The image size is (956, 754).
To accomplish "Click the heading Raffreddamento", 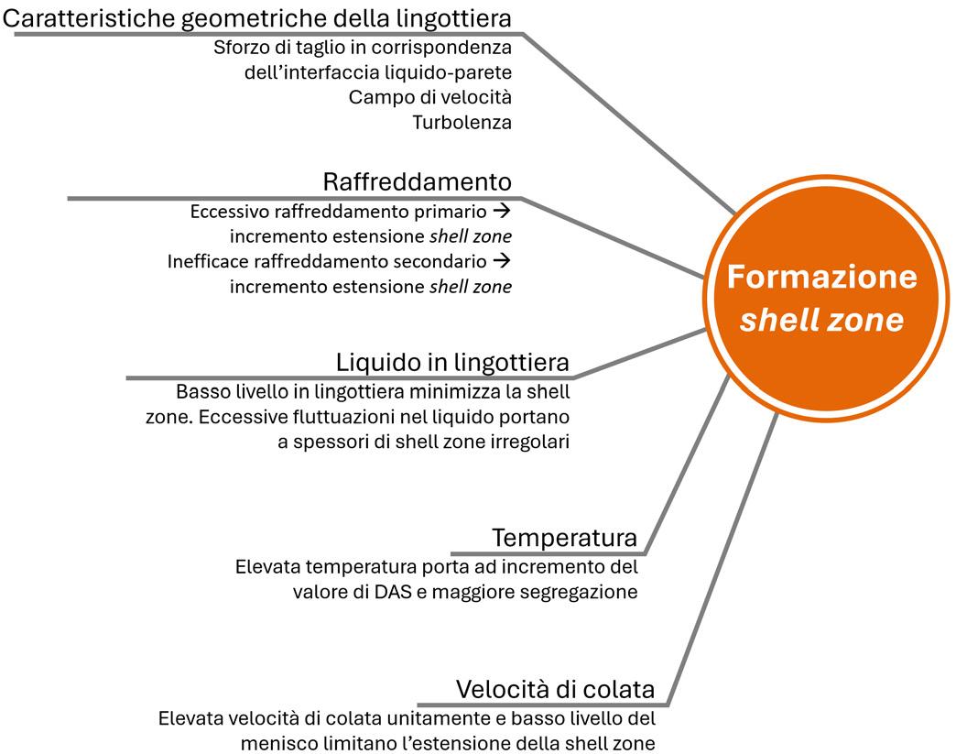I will [x=417, y=180].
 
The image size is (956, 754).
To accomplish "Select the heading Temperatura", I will [x=564, y=537].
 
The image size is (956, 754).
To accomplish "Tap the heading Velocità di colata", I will [x=555, y=689].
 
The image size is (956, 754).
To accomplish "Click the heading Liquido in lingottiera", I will [x=452, y=362].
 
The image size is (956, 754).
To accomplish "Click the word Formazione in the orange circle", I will [x=821, y=277].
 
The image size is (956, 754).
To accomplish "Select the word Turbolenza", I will [x=462, y=122].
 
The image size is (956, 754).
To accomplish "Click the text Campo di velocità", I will [x=429, y=97].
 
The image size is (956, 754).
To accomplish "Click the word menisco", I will [x=275, y=743].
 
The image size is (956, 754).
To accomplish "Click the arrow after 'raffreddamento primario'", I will [x=502, y=211].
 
